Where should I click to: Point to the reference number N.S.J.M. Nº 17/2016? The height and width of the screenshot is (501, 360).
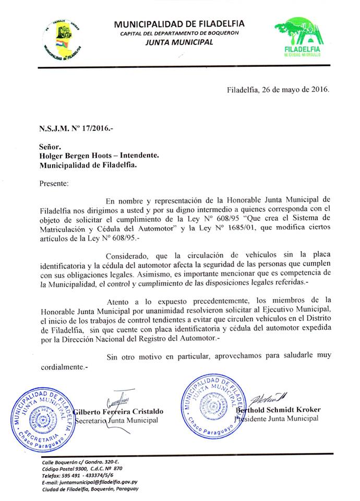coord(76,128)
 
